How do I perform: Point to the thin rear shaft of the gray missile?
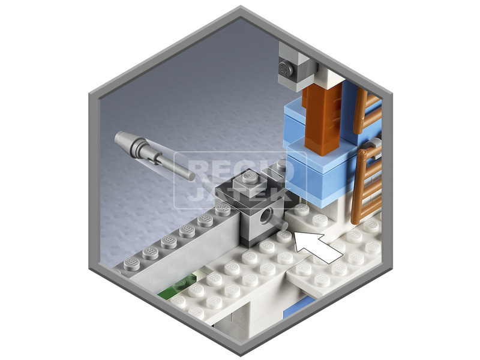(x=176, y=167)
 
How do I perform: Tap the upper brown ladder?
(x=367, y=111)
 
